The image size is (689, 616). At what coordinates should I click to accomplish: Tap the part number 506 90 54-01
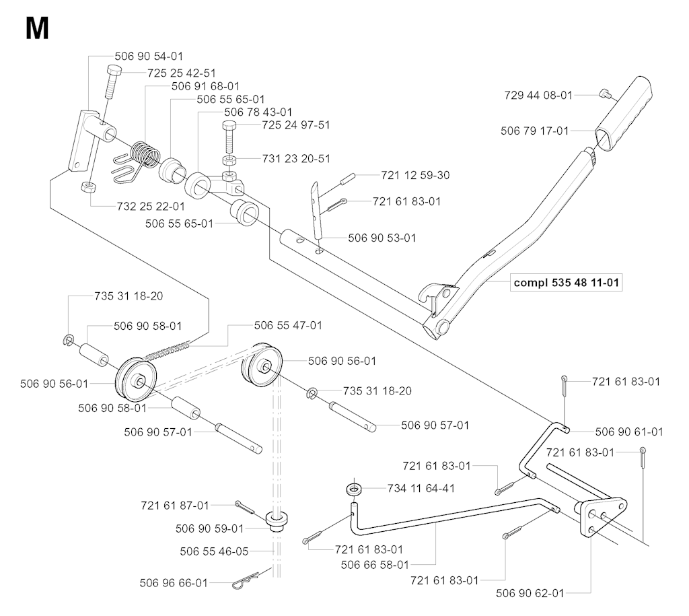tap(149, 57)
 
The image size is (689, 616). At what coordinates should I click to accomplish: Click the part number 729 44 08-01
tap(538, 96)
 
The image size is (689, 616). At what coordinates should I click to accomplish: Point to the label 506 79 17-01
tap(535, 131)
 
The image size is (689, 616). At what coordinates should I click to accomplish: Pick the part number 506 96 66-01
tap(174, 583)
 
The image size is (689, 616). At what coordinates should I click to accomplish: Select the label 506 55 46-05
tap(215, 551)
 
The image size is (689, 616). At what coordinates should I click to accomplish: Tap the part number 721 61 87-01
tap(175, 504)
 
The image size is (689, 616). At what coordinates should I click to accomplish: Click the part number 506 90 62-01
tap(530, 593)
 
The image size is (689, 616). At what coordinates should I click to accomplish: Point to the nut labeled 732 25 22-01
tap(87, 186)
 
